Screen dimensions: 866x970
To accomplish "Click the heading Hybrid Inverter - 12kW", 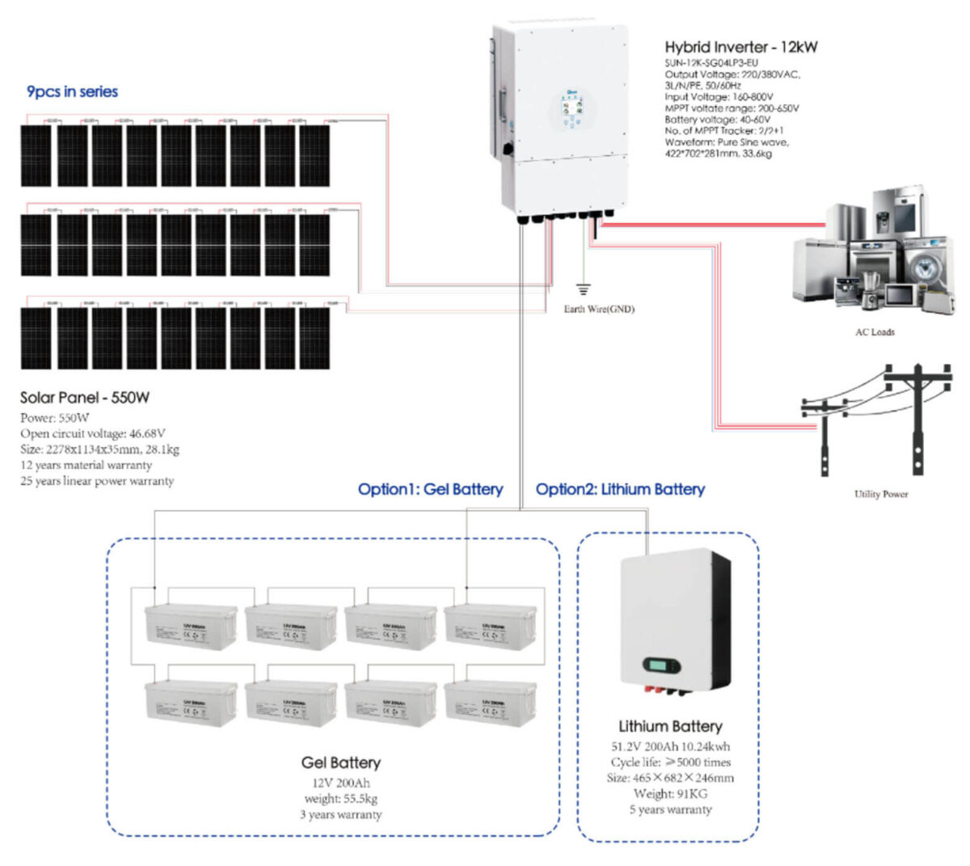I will point(740,47).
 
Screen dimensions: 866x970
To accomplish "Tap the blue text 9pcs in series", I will point(73,92).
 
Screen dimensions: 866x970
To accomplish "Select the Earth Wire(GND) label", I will point(599,309).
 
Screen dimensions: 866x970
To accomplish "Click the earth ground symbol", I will point(582,289).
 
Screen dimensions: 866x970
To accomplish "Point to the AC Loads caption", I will point(875,332).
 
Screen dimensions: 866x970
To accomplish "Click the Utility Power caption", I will point(880,494).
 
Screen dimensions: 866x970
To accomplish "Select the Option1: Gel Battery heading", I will point(430,489).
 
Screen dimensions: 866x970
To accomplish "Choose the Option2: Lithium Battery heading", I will point(620,489).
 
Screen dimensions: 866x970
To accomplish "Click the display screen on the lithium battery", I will point(662,666).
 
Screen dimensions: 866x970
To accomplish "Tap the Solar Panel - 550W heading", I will point(85,398).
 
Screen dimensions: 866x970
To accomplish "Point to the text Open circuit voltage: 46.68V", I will point(93,434).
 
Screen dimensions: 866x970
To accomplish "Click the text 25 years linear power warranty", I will point(97,481).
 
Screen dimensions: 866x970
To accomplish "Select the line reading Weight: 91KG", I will point(670,793).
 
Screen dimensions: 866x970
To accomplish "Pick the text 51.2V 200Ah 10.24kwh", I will point(670,746).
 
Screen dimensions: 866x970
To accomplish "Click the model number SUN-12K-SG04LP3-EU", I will point(711,62).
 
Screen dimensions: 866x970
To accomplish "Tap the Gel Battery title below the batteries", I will point(340,763).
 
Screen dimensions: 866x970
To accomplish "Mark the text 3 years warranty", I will point(340,814).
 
